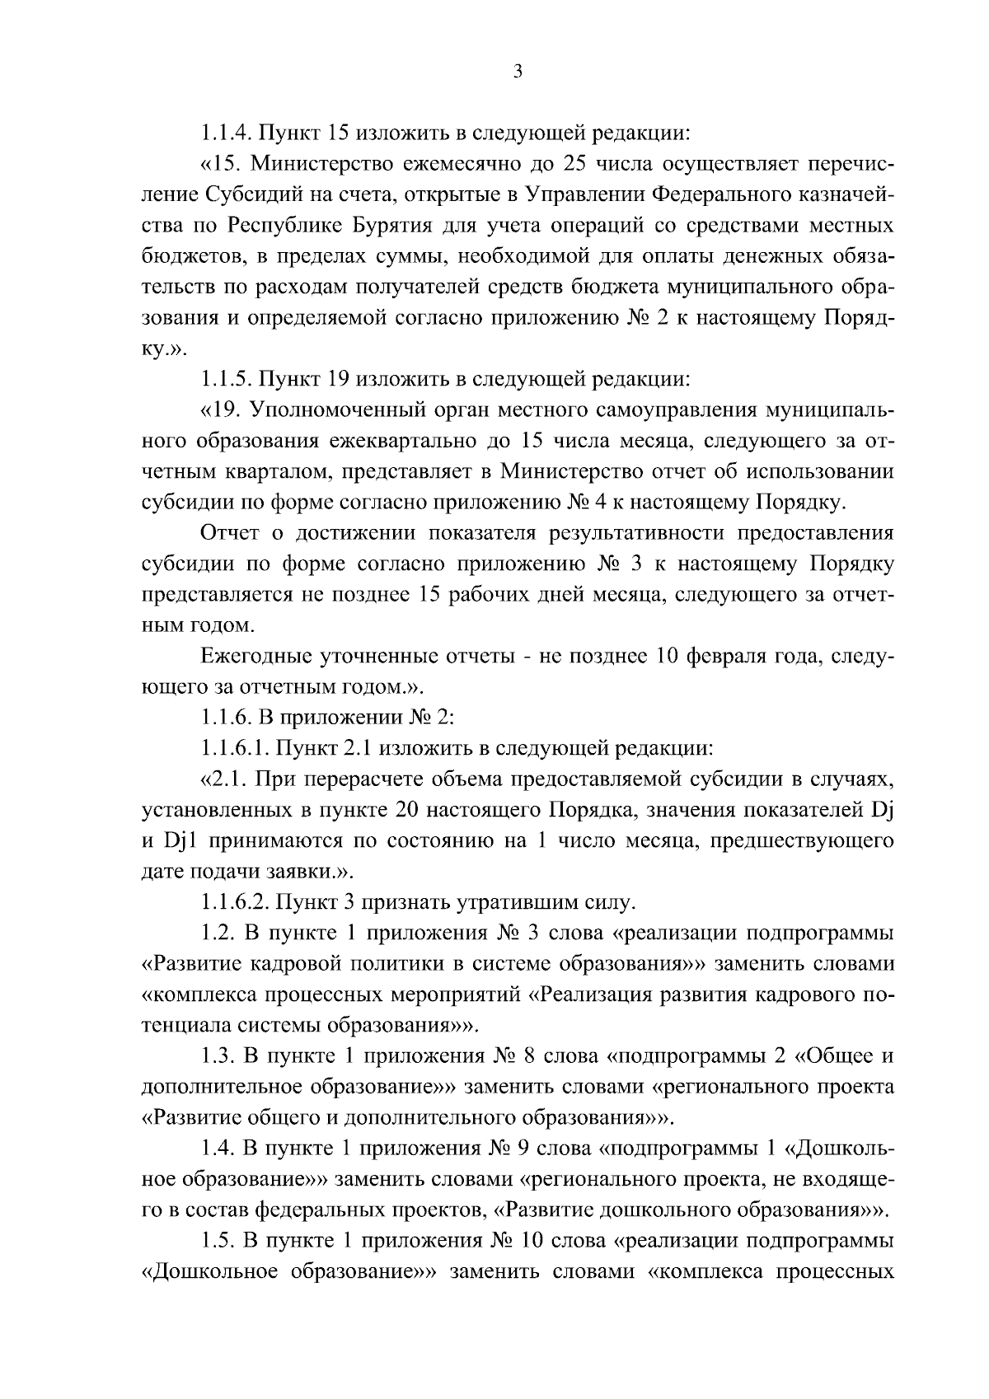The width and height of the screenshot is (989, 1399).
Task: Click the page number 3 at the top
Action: coord(518,72)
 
